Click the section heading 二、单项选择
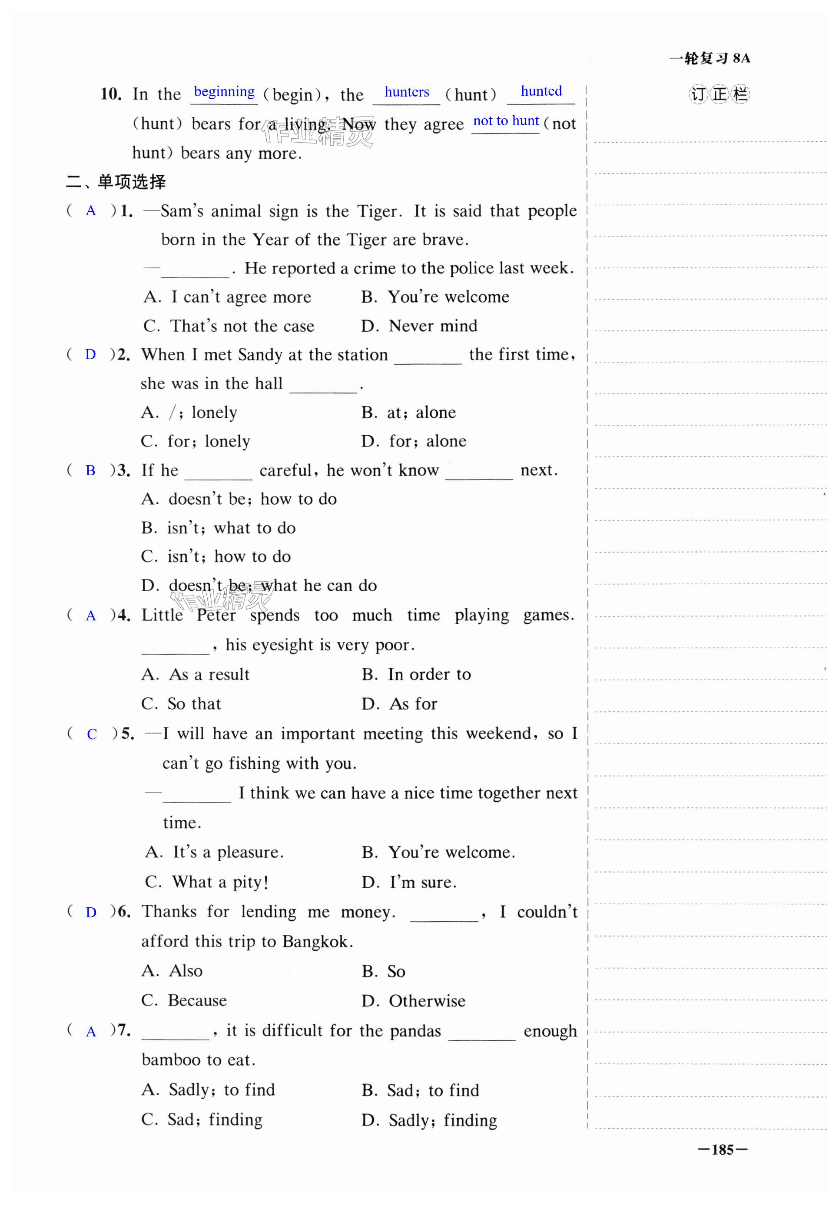click(x=116, y=182)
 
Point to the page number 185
click(x=722, y=1150)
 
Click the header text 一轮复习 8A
click(x=710, y=58)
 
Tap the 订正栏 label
click(x=719, y=94)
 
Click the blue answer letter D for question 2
click(x=90, y=355)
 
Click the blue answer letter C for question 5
click(x=92, y=734)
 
